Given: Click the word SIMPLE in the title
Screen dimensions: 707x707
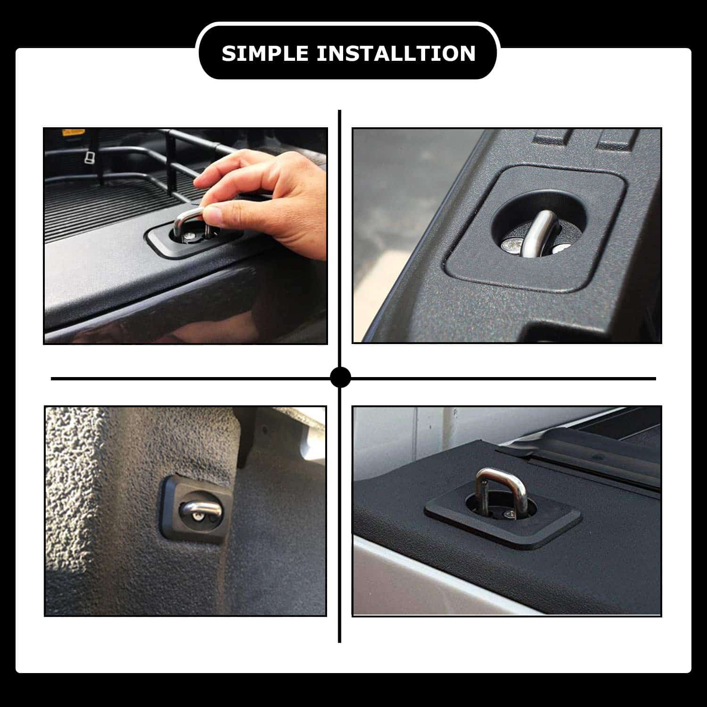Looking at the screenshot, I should [264, 53].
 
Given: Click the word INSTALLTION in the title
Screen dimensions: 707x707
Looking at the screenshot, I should [396, 53].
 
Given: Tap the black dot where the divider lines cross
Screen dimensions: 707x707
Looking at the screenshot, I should [340, 378].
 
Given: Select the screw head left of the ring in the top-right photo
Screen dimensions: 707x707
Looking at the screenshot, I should [512, 245].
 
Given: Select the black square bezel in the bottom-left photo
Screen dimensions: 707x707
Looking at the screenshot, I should [172, 528].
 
